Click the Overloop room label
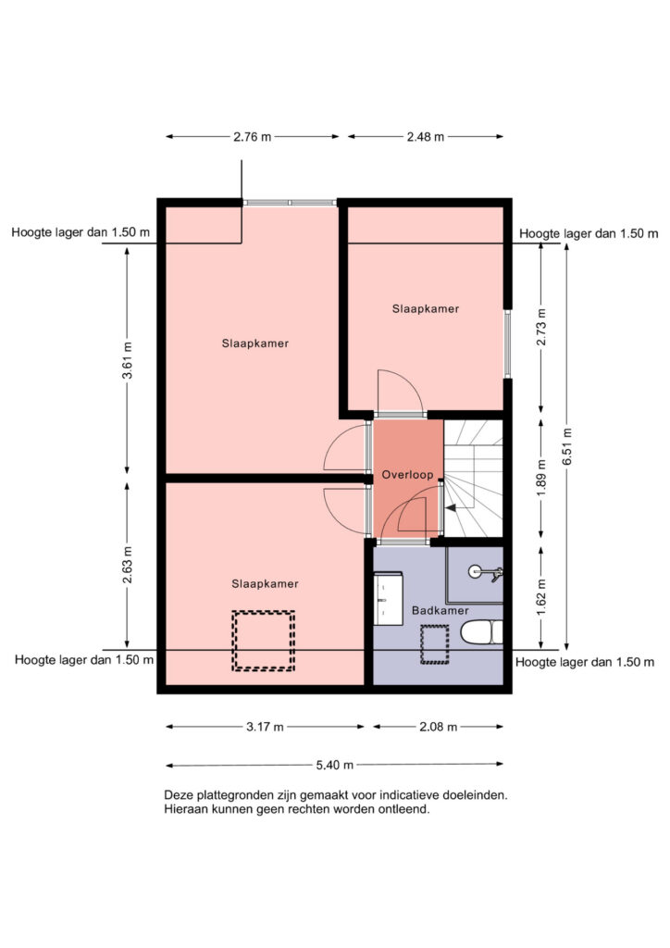407,475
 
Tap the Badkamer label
440,611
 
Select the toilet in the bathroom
481,632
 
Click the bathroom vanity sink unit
388,598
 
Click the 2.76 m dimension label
253,137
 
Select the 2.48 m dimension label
426,137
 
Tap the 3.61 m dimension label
127,360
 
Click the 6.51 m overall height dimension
566,447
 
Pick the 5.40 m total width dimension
335,765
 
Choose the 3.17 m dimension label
265,727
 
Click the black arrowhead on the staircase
451,509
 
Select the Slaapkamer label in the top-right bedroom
426,308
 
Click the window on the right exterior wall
507,344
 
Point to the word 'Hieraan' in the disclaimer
187,809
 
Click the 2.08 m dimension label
438,727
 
